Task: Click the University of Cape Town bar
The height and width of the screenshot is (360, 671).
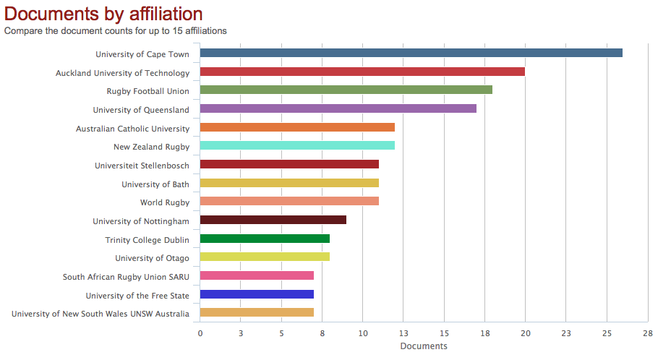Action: tap(411, 53)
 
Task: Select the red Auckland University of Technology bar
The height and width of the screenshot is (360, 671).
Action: tap(362, 72)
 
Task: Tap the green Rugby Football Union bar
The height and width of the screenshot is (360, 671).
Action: tap(346, 90)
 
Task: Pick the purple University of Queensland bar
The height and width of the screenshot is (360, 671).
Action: tap(338, 108)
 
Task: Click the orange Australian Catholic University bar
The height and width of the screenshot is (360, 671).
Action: tap(297, 127)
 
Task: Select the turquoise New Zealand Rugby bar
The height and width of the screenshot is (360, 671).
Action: tap(297, 145)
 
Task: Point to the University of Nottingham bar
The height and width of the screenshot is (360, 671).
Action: tap(273, 220)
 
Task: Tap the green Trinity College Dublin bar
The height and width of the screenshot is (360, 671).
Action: tap(265, 239)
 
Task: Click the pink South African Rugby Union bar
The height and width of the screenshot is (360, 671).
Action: tap(257, 275)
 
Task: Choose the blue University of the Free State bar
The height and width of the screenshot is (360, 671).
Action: tap(257, 294)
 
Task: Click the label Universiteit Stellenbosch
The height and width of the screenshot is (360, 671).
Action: tap(142, 166)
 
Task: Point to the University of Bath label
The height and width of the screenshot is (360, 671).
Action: tap(155, 184)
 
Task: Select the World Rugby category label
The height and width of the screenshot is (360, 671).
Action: tap(165, 202)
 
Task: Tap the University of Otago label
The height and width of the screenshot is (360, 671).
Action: tap(152, 258)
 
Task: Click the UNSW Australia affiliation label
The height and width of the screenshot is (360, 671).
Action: tap(101, 314)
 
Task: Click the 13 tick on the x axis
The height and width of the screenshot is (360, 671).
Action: tap(403, 333)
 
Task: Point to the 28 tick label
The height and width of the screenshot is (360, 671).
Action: tap(647, 333)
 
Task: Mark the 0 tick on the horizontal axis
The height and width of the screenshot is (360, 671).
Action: tap(200, 333)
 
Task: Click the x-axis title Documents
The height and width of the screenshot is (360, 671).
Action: tap(424, 346)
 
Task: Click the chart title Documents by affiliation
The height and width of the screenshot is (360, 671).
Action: tap(103, 14)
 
